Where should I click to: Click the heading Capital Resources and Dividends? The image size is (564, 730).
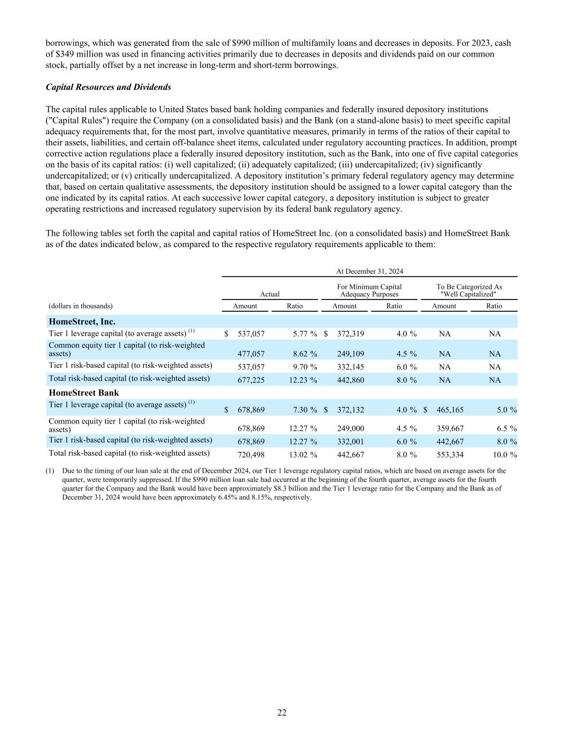[109, 87]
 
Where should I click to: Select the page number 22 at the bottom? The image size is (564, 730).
[282, 712]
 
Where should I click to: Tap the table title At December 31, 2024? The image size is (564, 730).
[369, 271]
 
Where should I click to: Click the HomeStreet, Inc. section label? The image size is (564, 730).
[82, 321]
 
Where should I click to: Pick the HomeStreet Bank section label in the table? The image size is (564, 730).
[84, 393]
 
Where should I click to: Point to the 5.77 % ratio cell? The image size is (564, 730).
[303, 334]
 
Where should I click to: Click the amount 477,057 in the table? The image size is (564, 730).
[251, 354]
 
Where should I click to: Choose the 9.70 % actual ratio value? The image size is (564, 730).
[303, 367]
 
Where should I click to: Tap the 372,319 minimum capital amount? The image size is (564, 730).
[351, 334]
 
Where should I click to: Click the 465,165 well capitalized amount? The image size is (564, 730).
[450, 410]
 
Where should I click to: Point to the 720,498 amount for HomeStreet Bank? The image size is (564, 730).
[251, 455]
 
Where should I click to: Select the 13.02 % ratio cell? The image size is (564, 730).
[303, 455]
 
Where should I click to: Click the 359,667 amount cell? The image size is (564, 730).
[450, 428]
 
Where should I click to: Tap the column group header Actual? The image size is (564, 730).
[269, 294]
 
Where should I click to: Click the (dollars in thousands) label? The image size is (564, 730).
[81, 306]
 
